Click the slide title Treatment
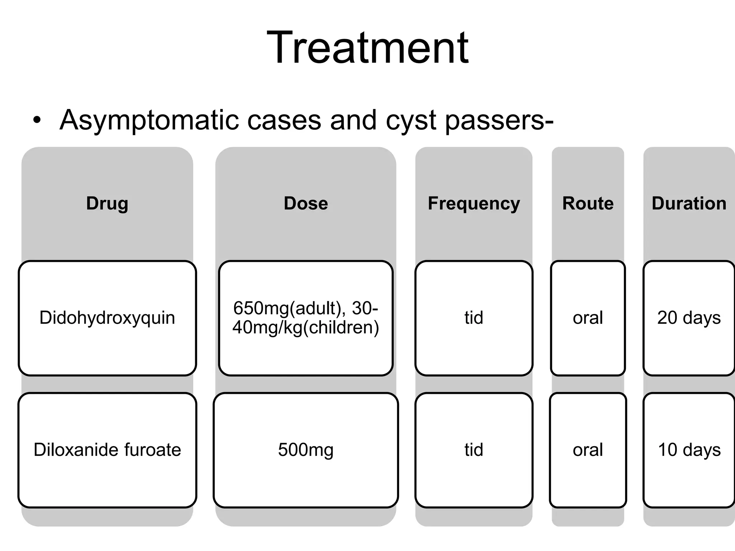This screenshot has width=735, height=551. [x=367, y=48]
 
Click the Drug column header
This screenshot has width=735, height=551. [x=107, y=203]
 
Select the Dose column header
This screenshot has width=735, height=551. [x=306, y=203]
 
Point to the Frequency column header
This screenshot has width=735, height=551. [x=474, y=203]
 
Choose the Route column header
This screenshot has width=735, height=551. [x=588, y=203]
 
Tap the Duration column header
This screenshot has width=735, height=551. [x=689, y=203]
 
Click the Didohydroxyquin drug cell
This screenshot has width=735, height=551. [x=107, y=318]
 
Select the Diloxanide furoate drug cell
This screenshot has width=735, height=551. [x=107, y=450]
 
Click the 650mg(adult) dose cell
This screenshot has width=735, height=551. [x=306, y=318]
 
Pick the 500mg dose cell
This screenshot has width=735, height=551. [x=306, y=450]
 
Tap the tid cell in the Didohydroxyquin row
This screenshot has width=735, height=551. [x=474, y=318]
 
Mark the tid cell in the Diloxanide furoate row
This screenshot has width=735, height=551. [x=474, y=450]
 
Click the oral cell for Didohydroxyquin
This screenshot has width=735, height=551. [x=588, y=318]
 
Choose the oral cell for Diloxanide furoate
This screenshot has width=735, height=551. [x=588, y=450]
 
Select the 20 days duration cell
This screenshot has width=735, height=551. [x=689, y=318]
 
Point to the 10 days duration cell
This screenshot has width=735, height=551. [x=689, y=450]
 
